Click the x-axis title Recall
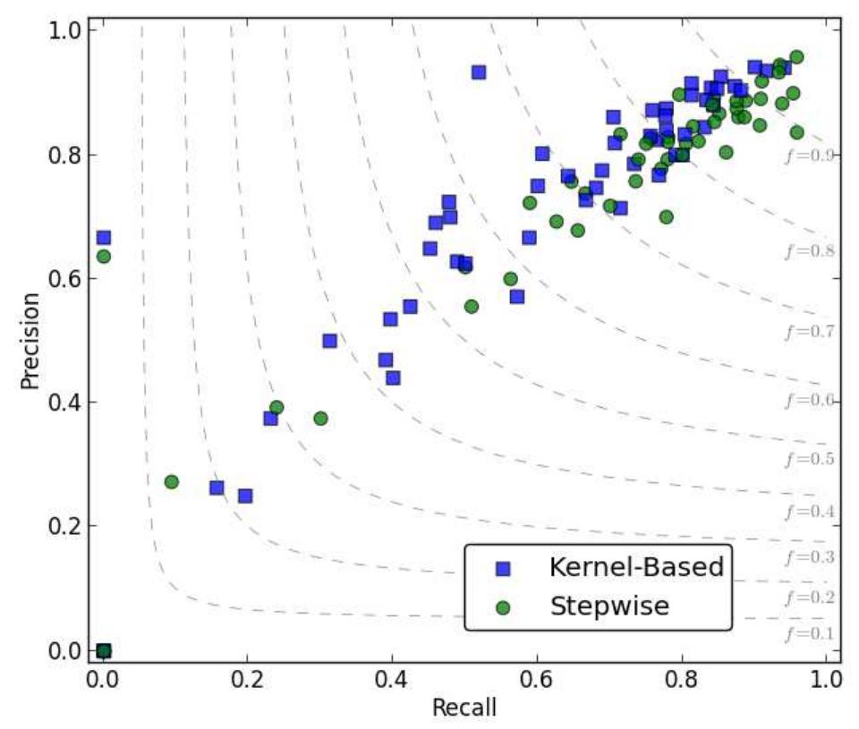point(464,708)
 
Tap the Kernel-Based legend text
point(636,567)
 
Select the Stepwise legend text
point(608,606)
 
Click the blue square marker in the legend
point(503,568)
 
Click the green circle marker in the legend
point(503,606)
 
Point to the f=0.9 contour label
point(809,155)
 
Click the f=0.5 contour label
point(809,459)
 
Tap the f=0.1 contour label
point(809,634)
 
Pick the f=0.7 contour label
point(809,332)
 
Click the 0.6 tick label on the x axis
point(536,676)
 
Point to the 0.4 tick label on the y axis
point(66,402)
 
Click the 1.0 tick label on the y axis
point(66,30)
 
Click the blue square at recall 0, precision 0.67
point(103,237)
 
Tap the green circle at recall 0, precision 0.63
point(103,257)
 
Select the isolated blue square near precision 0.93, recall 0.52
point(479,72)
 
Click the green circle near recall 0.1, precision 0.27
point(171,482)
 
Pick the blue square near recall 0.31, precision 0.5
point(329,341)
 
